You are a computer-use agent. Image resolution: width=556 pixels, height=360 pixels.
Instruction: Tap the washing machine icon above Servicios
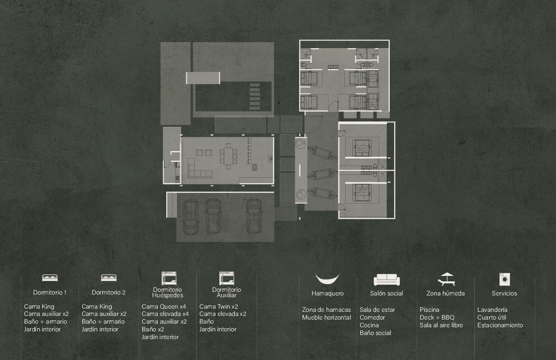pos(505,279)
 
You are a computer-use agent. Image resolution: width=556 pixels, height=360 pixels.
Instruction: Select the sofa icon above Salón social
pos(387,280)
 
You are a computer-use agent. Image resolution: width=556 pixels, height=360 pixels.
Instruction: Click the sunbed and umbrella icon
pos(446,279)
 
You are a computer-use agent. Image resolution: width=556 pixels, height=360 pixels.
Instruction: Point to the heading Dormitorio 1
pos(50,292)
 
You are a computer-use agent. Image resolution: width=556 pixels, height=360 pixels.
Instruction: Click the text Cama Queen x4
pos(164,306)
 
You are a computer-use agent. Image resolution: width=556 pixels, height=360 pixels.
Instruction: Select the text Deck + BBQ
pos(437,318)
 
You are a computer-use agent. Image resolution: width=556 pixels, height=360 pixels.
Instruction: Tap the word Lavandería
pos(492,310)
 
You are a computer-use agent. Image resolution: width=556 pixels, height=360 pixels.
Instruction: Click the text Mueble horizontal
pos(327,318)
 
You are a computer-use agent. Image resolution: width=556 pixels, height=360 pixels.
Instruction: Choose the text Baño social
pos(375,333)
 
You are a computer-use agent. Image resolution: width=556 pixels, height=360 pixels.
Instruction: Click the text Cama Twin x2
pos(218,306)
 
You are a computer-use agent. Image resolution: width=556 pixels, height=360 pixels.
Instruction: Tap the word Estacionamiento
pos(500,325)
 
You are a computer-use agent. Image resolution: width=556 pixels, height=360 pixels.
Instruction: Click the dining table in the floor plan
pos(228,156)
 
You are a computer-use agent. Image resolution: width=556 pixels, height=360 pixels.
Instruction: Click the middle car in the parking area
pos(213,217)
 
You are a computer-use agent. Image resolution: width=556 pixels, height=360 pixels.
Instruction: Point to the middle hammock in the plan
pos(322,174)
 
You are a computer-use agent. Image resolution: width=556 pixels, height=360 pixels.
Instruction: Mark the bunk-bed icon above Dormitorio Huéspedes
pos(169,278)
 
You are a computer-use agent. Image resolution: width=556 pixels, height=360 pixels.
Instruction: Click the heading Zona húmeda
pos(446,294)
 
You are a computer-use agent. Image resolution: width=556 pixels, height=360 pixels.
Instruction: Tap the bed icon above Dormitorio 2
pos(109,278)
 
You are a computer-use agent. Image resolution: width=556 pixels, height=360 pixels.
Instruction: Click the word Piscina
pos(429,310)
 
